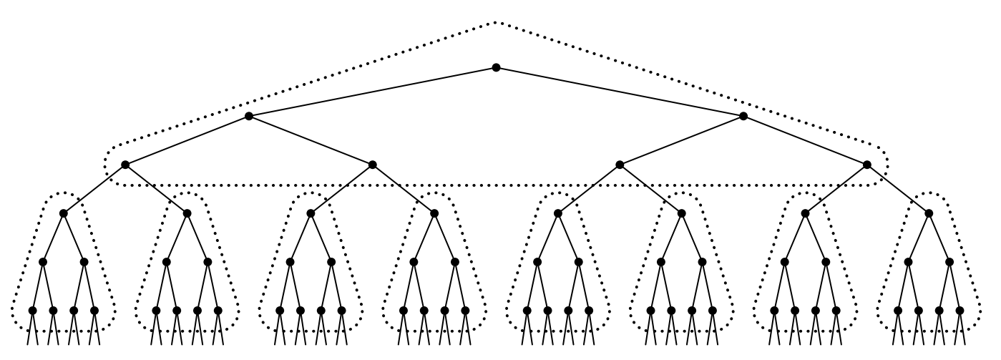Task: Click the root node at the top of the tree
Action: coord(496,68)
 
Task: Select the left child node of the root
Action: coord(249,116)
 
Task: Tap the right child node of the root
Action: coord(743,116)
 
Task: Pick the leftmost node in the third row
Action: coord(125,165)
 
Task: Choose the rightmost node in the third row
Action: coord(867,165)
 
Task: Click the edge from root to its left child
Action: coord(372,92)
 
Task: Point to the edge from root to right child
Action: coord(620,92)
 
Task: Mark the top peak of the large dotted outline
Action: coord(496,23)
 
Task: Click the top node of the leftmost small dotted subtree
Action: coord(63,213)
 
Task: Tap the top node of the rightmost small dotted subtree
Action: coord(929,213)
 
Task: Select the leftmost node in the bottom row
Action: coord(32,311)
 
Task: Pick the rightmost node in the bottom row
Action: coord(960,311)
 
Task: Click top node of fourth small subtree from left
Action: coord(434,213)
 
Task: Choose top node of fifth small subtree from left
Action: coord(558,213)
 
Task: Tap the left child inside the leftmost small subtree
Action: coord(43,262)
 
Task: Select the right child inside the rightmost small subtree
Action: coord(949,262)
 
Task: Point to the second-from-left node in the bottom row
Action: coord(53,311)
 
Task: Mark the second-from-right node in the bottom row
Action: coord(939,311)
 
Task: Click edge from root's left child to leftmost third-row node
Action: coord(187,140)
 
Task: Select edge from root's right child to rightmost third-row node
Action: coord(805,140)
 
